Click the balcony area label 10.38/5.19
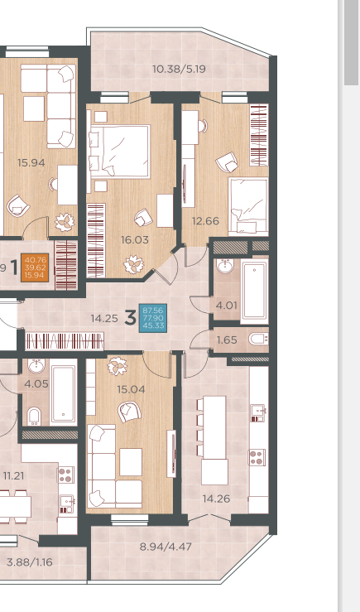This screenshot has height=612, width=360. coord(179,69)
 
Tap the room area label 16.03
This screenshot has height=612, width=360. coord(135,239)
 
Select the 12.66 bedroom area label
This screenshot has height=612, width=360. coord(205,221)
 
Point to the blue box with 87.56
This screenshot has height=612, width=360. coord(153,318)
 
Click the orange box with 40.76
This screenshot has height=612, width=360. coord(35,267)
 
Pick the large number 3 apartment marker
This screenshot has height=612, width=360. coord(130,318)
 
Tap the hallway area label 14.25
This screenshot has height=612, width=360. coord(104,319)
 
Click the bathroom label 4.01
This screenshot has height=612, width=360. coord(226,306)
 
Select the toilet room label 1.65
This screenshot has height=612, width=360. coord(227,340)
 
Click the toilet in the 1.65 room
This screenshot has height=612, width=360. coord(258,339)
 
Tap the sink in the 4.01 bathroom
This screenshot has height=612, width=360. coord(225,266)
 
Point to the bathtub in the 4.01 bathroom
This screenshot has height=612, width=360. coord(254,292)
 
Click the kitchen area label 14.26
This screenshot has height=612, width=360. coord(216,499)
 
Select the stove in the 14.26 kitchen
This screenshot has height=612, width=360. coord(257,457)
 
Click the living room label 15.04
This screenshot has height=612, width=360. coord(131,389)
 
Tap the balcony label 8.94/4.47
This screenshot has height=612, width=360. coord(166,547)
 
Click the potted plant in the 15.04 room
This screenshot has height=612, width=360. coord(117,366)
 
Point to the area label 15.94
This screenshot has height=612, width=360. coord(31,163)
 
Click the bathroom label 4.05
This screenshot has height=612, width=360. coord(36,383)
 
